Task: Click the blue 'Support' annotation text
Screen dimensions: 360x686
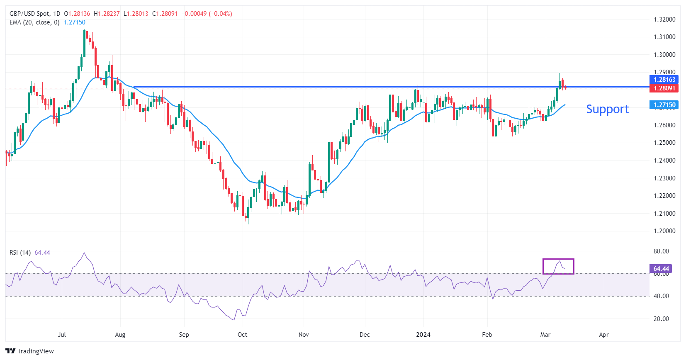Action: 607,109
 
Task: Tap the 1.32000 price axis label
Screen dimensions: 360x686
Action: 664,19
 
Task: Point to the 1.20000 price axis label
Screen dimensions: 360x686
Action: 664,231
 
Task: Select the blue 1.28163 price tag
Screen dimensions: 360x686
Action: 664,80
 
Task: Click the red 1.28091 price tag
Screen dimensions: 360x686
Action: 664,88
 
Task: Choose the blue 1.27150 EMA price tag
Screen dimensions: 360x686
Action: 664,105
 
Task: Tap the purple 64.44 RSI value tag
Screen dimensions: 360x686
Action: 661,269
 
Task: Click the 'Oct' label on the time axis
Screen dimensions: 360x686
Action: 242,335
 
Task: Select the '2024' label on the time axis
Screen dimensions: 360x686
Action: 423,335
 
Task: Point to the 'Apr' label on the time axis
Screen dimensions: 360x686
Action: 604,335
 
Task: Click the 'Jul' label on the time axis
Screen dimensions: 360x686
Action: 62,335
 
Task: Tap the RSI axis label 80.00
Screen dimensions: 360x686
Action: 661,251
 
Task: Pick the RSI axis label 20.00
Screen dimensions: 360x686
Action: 661,319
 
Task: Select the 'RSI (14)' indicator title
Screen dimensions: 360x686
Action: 20,253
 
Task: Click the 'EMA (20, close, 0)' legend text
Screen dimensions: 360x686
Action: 34,22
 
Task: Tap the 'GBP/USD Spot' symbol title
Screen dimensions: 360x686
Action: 29,14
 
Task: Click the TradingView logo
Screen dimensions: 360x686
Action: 30,351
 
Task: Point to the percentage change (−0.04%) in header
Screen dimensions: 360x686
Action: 220,14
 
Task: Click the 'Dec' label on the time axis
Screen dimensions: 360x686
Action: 365,335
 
